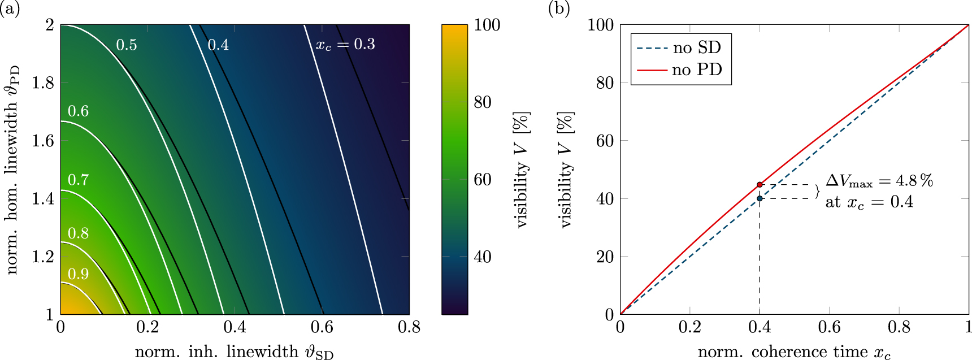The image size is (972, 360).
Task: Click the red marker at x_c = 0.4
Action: point(760,185)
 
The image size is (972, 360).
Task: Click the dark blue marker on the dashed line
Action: point(760,198)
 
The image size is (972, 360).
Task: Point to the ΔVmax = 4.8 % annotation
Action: point(879,181)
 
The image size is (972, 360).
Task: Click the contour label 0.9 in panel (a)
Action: point(78,274)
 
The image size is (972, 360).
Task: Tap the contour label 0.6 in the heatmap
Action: point(78,111)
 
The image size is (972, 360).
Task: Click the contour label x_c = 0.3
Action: point(345,45)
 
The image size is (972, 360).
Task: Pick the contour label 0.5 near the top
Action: point(127,45)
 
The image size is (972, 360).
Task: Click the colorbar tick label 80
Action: point(483,102)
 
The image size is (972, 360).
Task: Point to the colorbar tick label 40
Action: point(483,257)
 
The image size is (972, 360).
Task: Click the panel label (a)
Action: point(10,8)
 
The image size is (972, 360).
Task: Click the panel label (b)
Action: point(558,8)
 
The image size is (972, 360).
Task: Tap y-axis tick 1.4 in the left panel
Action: point(43,198)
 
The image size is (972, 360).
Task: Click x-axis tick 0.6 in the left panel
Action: point(322,327)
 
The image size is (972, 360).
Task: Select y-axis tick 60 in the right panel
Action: point(605,141)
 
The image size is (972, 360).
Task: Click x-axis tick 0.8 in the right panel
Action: point(899,327)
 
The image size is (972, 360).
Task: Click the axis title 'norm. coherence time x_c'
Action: point(794,352)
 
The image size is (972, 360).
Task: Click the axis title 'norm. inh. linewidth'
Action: point(234,352)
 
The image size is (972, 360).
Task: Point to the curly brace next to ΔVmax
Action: point(817,192)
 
